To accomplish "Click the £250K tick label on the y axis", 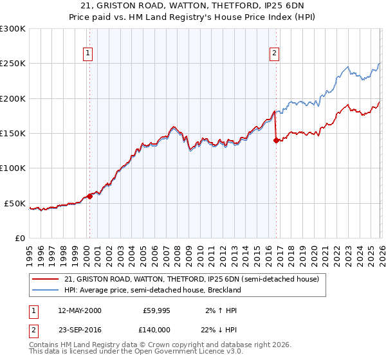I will click(12, 64).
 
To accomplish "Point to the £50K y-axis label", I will click(14, 203).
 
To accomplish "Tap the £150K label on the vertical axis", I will click(12, 134).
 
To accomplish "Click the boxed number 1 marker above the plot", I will click(87, 53).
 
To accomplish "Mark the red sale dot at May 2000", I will click(90, 197).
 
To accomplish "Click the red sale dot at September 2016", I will click(276, 141).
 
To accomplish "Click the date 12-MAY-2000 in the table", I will click(79, 310).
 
